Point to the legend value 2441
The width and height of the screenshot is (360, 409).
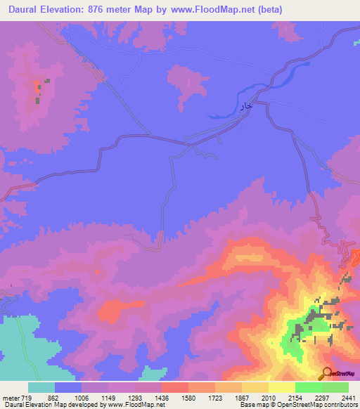348,396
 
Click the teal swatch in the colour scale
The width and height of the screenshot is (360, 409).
41,387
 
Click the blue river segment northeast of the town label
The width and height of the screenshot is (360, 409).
295,74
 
